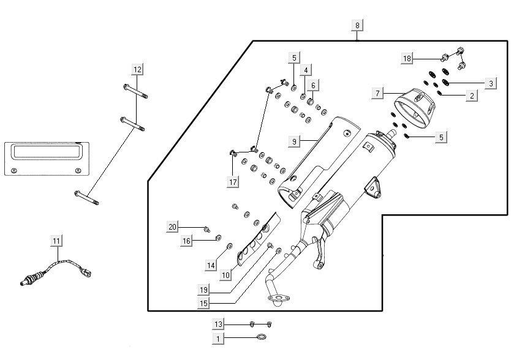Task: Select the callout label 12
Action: coord(137,69)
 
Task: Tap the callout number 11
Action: coord(56,241)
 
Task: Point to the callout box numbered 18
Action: coord(407,58)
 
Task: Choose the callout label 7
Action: coord(378,94)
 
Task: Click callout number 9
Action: coord(294,141)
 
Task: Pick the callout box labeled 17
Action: coord(233,181)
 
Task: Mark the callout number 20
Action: coord(173,227)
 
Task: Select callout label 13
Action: coord(219,323)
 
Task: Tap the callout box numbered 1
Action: coord(219,337)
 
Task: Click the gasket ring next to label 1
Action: coord(262,337)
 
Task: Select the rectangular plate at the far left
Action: coord(46,157)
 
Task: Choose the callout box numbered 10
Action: coord(225,276)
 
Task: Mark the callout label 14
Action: coord(211,266)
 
